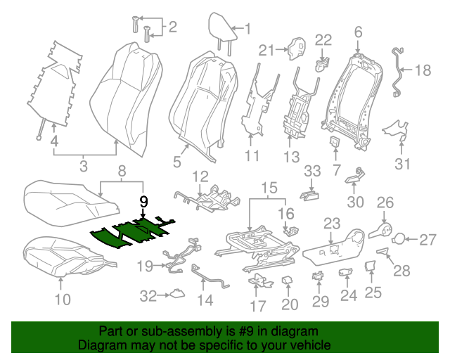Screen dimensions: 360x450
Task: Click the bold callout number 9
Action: click(x=143, y=201)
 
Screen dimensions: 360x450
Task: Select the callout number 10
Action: click(x=63, y=302)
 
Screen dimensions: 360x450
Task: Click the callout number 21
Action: click(x=265, y=49)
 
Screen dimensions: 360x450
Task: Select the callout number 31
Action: click(x=401, y=165)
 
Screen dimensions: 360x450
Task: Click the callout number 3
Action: click(x=83, y=167)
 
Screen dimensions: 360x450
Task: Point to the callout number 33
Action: click(x=312, y=171)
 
